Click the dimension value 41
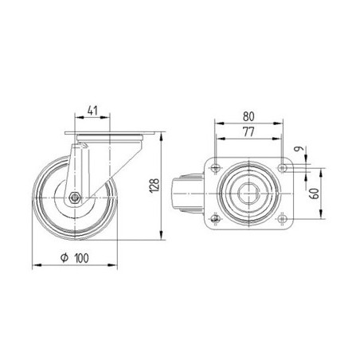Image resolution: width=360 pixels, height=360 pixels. [92, 111]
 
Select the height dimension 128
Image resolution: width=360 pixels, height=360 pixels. [155, 185]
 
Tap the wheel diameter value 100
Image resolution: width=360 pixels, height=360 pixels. [82, 258]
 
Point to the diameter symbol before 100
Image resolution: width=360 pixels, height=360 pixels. [65, 257]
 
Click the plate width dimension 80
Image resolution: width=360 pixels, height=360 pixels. [248, 116]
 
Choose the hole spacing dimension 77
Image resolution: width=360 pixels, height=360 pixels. [248, 132]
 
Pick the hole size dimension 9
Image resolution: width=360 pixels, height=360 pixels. [299, 149]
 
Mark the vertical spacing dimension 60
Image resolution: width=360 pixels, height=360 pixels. [315, 194]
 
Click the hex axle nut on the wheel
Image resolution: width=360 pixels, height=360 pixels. [75, 198]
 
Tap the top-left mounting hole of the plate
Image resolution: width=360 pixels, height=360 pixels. [215, 167]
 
